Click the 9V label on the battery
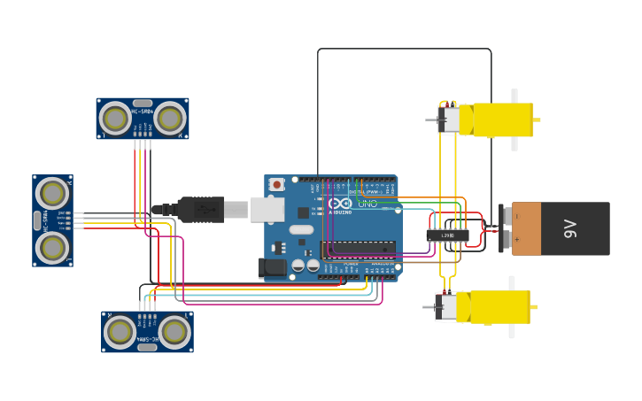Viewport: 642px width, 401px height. pos(571,228)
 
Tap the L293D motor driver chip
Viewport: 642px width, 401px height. pos(447,235)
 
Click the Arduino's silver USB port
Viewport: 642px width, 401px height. pos(267,210)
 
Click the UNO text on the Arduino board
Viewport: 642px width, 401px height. pos(367,204)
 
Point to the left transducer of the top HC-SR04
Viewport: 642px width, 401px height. pos(115,118)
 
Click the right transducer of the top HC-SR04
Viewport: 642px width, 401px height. pos(169,118)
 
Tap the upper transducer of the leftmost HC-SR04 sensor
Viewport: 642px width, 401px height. pos(52,193)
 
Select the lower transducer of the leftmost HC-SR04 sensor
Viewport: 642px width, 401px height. pos(52,247)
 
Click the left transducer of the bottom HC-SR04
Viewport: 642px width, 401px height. pos(120,332)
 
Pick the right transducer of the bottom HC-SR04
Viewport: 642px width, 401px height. pos(174,332)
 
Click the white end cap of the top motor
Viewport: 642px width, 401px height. pos(451,120)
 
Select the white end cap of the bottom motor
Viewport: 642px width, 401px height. pos(447,307)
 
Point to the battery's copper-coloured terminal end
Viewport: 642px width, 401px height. pos(526,228)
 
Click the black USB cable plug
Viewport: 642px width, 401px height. pos(200,210)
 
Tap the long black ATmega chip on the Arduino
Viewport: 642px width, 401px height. pos(359,249)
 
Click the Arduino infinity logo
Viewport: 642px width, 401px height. pos(340,204)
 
